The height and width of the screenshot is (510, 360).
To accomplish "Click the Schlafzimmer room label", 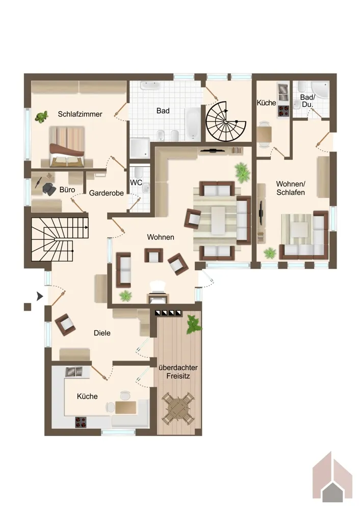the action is click(x=80, y=114).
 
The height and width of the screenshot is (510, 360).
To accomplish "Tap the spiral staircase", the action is click(x=226, y=121).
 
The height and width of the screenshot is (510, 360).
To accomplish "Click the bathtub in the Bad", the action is click(x=193, y=124).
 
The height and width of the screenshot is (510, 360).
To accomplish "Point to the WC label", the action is click(x=136, y=183).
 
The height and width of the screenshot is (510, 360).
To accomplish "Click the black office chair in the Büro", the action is click(x=49, y=189).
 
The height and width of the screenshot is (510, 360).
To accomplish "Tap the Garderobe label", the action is click(x=107, y=193).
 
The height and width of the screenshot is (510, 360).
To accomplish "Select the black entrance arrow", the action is click(x=40, y=296).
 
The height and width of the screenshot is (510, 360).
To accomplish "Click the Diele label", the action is click(x=102, y=333).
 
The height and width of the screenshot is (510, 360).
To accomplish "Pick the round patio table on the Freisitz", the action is click(x=178, y=407).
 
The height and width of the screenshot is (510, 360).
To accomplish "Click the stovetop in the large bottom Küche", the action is click(x=81, y=422).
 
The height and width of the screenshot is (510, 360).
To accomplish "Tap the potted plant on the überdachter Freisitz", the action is click(x=194, y=324).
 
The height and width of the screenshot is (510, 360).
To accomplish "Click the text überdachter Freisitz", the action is click(x=178, y=372).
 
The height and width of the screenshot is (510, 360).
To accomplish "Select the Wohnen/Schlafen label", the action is click(x=291, y=188).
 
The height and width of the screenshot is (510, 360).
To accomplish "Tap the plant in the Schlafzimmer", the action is click(x=42, y=117).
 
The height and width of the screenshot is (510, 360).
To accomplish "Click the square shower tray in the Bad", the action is click(x=140, y=148).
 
